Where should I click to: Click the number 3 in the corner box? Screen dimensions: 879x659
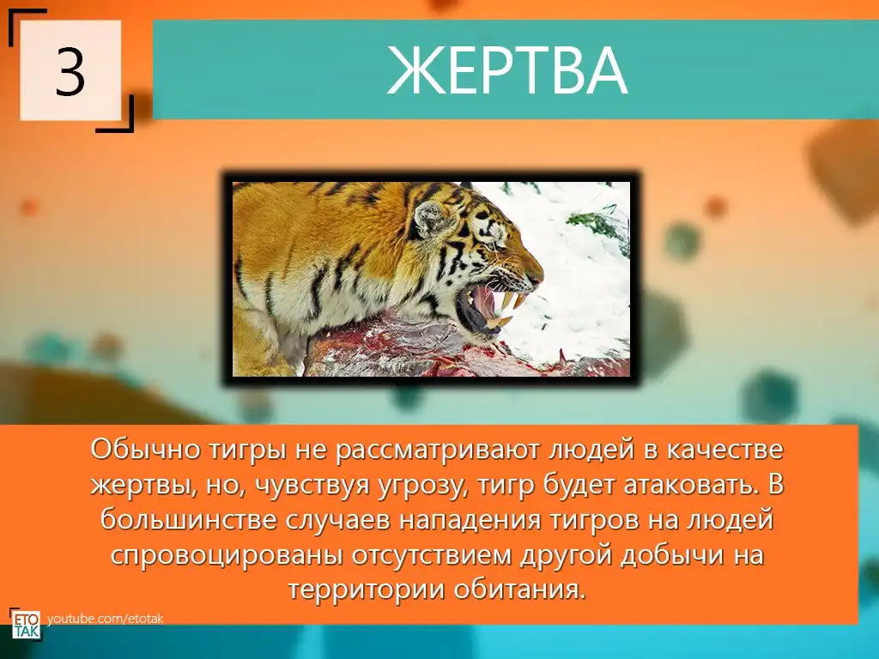70,72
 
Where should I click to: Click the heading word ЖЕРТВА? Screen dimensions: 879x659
507,71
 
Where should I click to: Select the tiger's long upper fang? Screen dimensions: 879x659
510,301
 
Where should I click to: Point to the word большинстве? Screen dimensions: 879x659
189,519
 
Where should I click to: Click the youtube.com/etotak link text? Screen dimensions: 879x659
106,619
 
